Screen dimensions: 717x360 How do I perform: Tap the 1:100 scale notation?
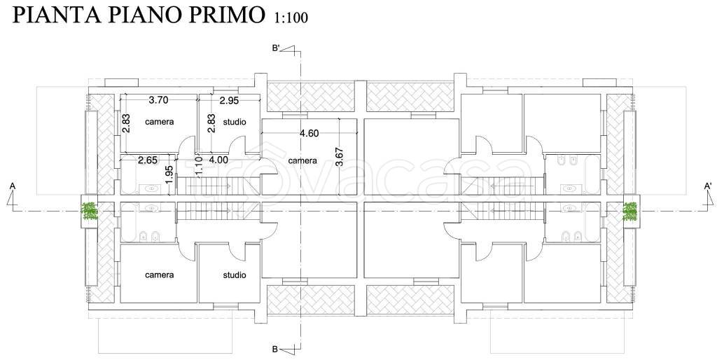pos(291,18)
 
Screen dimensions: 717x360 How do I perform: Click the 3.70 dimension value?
pos(159,100)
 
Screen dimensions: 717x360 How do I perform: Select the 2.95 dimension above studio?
pos(229,101)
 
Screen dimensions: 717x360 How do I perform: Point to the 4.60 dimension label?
pos(309,134)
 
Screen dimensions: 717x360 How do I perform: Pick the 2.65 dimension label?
pos(148,160)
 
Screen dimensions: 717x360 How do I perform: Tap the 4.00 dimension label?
pos(218,160)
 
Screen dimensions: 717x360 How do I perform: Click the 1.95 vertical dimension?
pos(169,174)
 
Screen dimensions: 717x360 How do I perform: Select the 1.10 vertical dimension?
pos(198,165)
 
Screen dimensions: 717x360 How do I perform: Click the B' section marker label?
pos(276,48)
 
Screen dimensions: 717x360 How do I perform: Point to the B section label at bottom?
pos(274,349)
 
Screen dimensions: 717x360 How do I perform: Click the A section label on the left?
pos(13,186)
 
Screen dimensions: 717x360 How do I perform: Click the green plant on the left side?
pos(89,211)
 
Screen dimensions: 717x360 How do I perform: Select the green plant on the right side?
pos(631,211)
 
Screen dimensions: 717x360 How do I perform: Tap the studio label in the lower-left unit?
pos(235,275)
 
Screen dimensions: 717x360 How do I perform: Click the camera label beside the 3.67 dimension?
pos(302,160)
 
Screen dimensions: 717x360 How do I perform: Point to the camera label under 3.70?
pos(160,122)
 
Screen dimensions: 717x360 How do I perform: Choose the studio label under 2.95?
pos(235,122)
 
